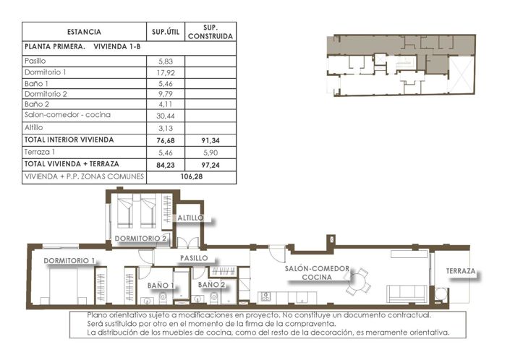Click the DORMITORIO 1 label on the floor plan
[x=69, y=260]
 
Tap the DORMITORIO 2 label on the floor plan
[x=141, y=239]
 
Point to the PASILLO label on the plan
[x=193, y=257]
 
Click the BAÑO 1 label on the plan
[x=161, y=286]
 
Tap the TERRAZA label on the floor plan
[x=461, y=271]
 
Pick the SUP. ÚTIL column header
[x=163, y=33]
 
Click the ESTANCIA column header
[x=84, y=33]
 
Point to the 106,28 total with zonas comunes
[x=191, y=176]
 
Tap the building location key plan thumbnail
[x=401, y=64]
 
